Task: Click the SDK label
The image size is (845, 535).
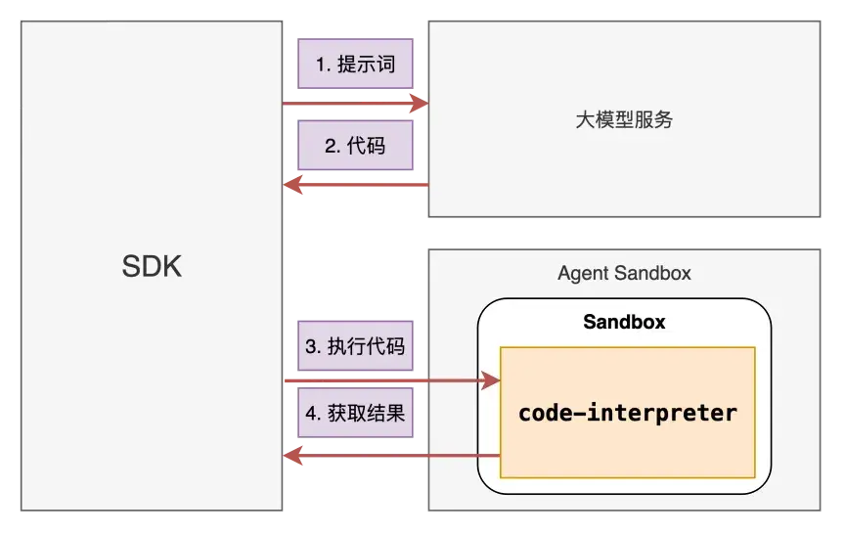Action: click(x=152, y=266)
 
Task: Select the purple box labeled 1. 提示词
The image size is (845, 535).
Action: click(x=355, y=64)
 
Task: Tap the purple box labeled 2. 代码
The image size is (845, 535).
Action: click(x=355, y=146)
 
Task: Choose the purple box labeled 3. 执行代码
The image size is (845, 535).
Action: click(x=355, y=346)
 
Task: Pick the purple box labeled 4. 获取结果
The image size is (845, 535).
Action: click(x=355, y=413)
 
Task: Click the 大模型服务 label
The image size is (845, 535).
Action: click(x=624, y=119)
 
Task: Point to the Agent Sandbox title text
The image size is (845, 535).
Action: click(x=624, y=273)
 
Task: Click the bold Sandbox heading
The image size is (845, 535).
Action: click(x=624, y=322)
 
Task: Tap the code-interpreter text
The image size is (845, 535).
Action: click(x=627, y=413)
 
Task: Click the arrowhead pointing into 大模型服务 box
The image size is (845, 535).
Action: click(x=420, y=103)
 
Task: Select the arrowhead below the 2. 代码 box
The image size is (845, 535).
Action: click(x=292, y=185)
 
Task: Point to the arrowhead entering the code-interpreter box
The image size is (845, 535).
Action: click(x=490, y=380)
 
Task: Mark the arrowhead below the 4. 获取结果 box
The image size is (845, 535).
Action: click(x=292, y=456)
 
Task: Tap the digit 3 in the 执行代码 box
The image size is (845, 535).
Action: click(x=310, y=346)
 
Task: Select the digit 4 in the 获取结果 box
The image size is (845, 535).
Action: click(x=311, y=414)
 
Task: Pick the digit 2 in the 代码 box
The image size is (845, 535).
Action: click(x=330, y=146)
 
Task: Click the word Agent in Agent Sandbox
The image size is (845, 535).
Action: click(x=583, y=274)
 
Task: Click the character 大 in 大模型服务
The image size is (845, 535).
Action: click(x=585, y=119)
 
